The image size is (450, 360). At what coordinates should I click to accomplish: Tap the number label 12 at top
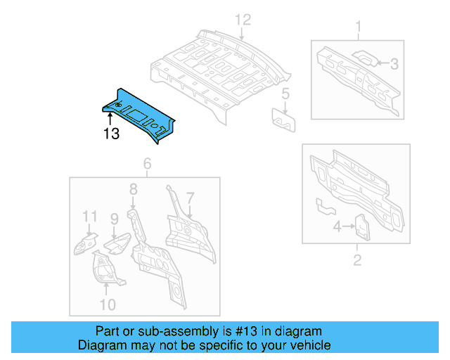tap(242, 20)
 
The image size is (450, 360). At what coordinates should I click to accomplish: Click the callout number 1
tap(357, 27)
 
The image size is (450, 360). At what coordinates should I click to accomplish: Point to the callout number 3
tap(394, 64)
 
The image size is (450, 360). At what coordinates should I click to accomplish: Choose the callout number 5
tap(285, 94)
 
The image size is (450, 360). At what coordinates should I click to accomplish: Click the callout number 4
tap(336, 227)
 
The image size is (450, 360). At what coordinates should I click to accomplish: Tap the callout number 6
tap(147, 165)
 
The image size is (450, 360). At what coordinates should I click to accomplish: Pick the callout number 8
tap(132, 189)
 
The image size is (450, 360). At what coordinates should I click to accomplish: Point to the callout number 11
tap(89, 216)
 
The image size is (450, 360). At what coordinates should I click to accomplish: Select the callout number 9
tap(114, 220)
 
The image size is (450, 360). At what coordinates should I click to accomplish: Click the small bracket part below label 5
tap(284, 118)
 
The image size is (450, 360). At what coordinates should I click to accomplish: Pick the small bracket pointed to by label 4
tap(361, 226)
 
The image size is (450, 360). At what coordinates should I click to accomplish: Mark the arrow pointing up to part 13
tap(110, 121)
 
